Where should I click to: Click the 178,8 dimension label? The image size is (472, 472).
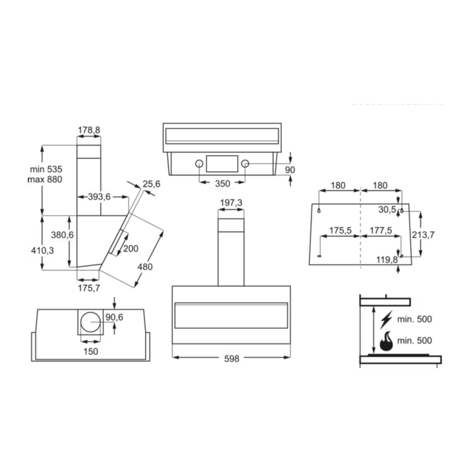point(89,130)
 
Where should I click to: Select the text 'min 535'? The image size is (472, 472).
point(46,169)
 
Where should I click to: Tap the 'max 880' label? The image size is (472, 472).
point(45,179)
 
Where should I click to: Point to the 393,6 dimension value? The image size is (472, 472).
point(99,196)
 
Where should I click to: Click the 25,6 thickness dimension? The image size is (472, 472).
point(151,184)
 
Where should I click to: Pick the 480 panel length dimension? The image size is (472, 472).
point(145,267)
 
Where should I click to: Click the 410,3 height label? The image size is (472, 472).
point(42,250)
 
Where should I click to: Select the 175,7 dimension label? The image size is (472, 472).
point(89,288)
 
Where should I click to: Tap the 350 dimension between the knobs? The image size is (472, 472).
point(222,183)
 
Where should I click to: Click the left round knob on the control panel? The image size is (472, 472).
point(199,163)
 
